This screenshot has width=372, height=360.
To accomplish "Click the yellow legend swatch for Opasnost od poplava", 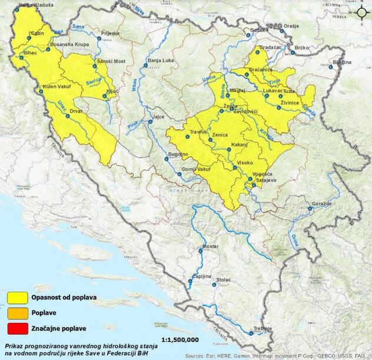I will (24, 299).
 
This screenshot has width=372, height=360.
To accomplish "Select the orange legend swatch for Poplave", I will (24, 314).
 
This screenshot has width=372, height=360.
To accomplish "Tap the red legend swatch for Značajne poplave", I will (24, 328).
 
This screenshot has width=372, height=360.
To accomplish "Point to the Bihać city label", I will (30, 53).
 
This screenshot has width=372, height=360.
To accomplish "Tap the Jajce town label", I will (158, 117).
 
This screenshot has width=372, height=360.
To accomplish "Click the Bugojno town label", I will (178, 154).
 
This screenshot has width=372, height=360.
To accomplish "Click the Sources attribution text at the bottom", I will (277, 356).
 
